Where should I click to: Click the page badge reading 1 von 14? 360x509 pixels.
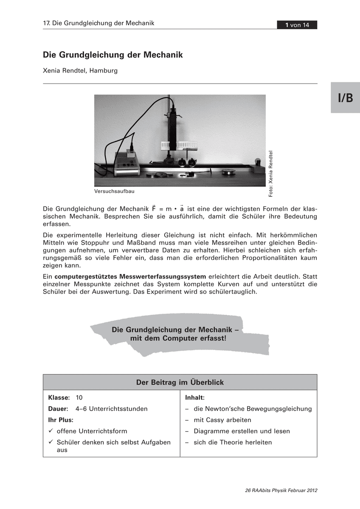click(297, 25)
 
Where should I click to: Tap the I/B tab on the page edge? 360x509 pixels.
click(345, 98)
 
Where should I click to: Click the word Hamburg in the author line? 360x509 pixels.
click(103, 70)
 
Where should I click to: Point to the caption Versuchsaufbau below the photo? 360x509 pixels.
click(114, 191)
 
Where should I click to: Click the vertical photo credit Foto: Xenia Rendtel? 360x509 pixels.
click(271, 174)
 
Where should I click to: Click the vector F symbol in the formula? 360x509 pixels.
click(154, 208)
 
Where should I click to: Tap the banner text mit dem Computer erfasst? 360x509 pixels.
click(179, 338)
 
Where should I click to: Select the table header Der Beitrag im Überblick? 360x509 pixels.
click(180, 382)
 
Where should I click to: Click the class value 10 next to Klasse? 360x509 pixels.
click(79, 398)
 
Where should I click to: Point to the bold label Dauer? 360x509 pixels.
click(58, 409)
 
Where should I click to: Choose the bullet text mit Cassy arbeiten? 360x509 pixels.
click(222, 420)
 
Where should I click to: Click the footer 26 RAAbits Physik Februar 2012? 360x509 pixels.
click(281, 491)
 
